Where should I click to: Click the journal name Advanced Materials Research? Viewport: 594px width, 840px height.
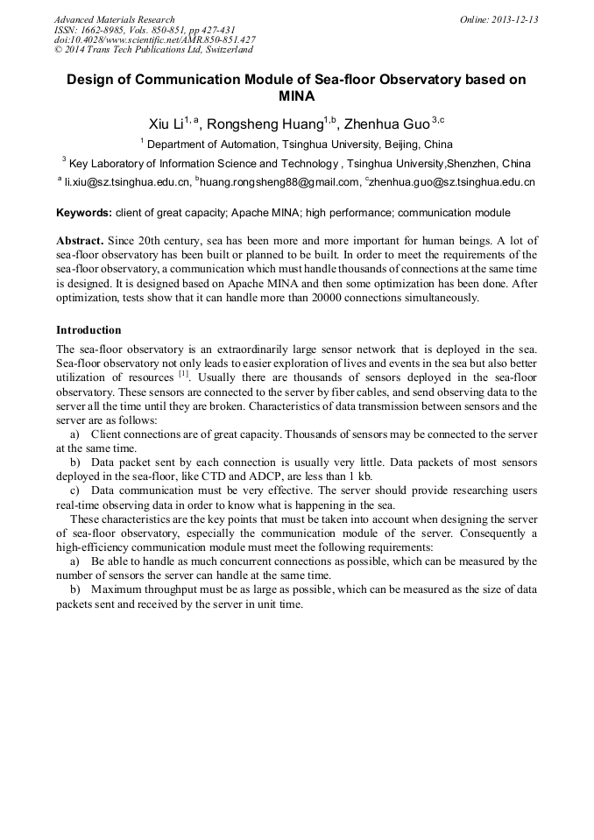coord(114,19)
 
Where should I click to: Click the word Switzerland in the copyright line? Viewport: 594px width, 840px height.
coord(223,50)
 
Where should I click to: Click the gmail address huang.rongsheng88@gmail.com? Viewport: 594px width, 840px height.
coord(279,182)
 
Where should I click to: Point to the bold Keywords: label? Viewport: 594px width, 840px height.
coord(84,213)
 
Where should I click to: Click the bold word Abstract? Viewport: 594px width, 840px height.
coord(80,240)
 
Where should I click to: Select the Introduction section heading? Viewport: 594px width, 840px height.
coord(88,330)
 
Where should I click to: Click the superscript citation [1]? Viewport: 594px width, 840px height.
coord(184,374)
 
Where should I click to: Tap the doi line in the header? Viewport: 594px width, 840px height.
coord(154,39)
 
